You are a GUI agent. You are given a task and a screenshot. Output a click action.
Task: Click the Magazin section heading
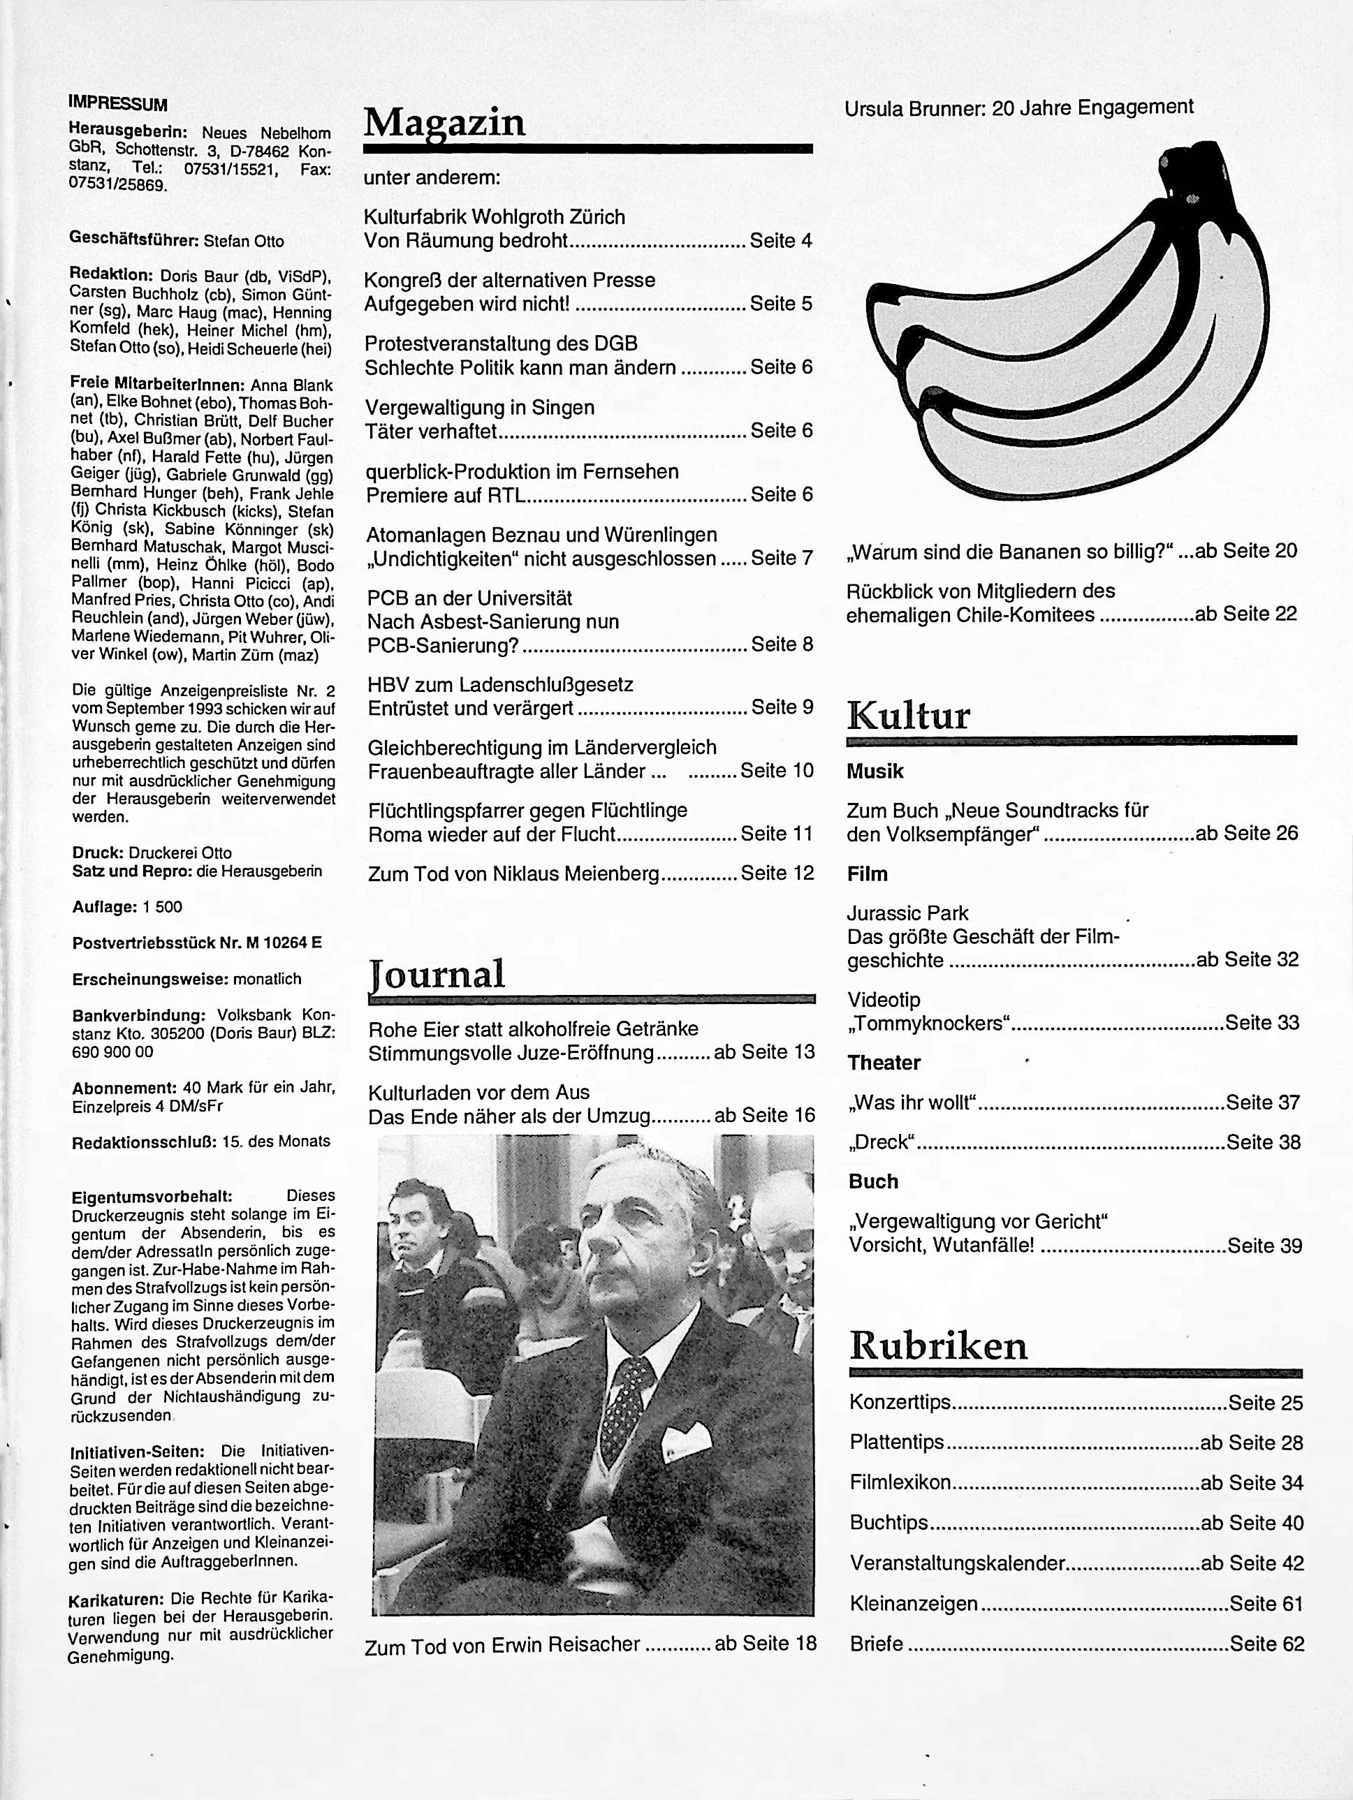(x=444, y=122)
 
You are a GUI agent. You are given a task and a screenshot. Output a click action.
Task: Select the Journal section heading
(x=437, y=973)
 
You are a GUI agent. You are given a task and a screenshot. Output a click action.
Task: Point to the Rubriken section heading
(x=938, y=1346)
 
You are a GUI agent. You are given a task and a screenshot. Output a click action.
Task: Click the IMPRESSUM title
(x=118, y=104)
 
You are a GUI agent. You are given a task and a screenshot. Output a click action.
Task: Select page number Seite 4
(x=781, y=241)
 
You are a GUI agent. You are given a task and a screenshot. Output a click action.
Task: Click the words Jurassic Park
(x=907, y=913)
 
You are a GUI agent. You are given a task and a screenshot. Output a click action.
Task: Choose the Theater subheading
(x=884, y=1063)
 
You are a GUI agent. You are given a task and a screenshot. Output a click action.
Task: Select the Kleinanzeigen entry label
(x=914, y=1603)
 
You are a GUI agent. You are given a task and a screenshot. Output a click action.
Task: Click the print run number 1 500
(x=163, y=906)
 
